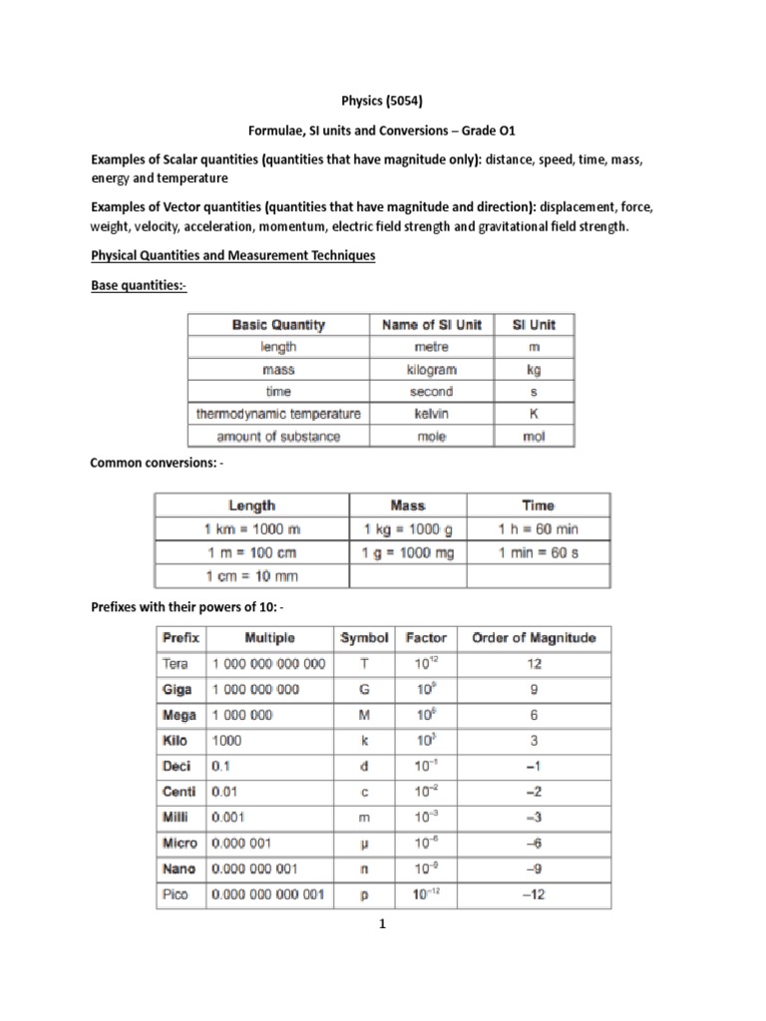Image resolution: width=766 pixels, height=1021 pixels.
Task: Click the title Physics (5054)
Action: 382,101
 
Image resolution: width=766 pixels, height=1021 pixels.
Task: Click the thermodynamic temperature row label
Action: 278,414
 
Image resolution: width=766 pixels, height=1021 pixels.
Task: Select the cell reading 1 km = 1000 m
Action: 251,528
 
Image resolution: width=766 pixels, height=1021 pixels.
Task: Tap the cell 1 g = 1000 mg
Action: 407,552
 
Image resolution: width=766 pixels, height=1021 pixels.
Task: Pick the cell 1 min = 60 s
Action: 538,552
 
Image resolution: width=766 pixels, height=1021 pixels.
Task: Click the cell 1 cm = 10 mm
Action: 251,576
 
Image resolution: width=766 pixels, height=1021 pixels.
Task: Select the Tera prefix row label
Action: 181,663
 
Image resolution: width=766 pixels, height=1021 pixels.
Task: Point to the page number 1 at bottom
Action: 382,924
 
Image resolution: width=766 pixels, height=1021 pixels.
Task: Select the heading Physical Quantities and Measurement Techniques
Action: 232,256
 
